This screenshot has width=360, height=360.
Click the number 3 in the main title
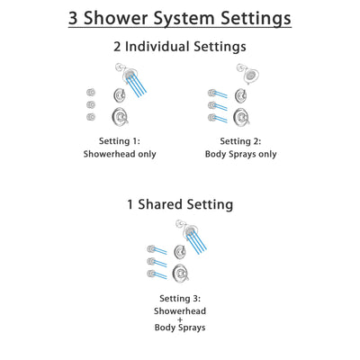76,17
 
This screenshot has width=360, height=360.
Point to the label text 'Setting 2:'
240,140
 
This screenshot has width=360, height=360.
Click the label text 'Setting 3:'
179,298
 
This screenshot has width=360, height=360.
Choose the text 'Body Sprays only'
240,154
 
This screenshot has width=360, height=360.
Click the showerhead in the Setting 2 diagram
241,71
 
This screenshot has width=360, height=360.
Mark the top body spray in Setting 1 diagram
91,92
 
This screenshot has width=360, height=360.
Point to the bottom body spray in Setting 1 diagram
91,116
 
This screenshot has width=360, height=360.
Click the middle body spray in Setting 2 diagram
213,104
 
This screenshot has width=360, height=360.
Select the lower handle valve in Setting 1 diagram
119,115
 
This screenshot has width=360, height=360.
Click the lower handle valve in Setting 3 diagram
180,272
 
